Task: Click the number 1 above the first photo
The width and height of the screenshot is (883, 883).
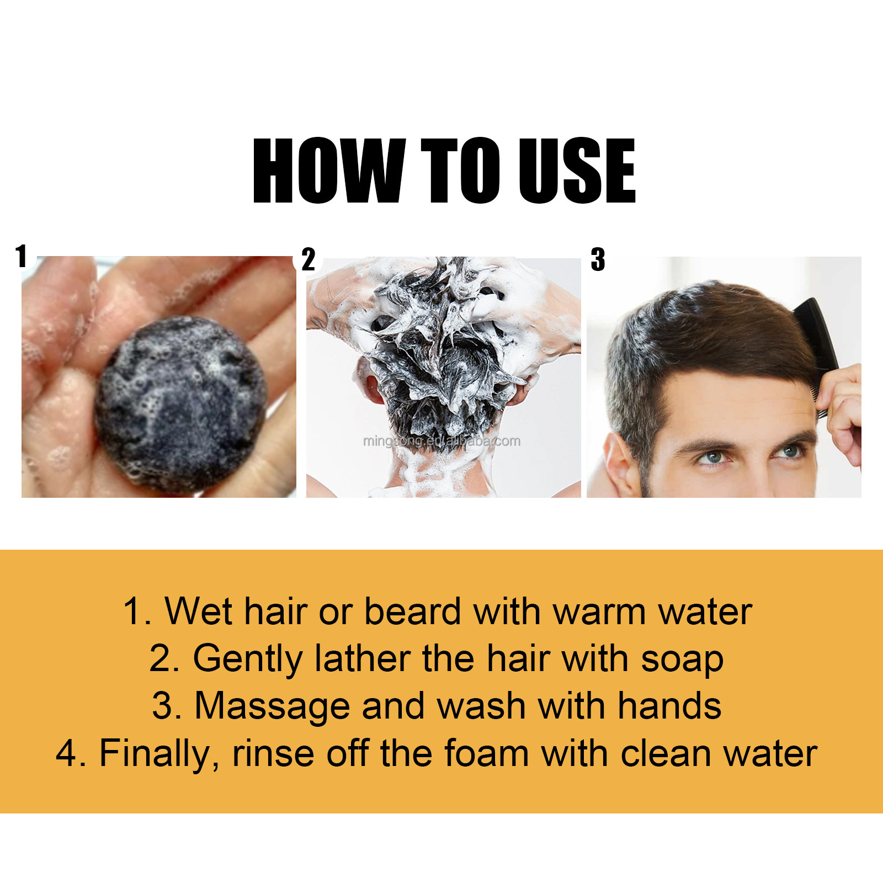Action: pos(22,256)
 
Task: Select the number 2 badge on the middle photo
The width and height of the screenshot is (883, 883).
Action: pos(308,259)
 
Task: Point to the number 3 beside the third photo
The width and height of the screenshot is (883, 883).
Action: pos(598,259)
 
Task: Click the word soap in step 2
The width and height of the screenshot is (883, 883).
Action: pos(682,659)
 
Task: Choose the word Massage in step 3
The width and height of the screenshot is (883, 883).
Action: pos(272,706)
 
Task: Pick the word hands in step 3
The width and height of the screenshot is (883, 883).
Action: pos(669,706)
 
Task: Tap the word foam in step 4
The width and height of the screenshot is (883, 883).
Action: pos(486,754)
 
